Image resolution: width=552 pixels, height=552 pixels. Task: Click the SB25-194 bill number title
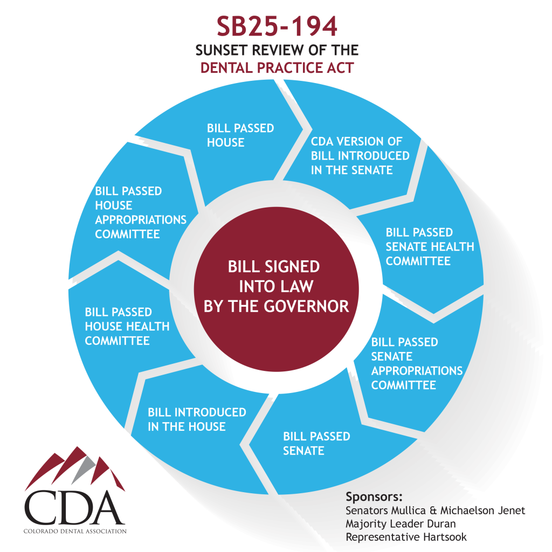[277, 26]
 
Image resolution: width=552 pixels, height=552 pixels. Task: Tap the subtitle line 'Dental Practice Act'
[277, 67]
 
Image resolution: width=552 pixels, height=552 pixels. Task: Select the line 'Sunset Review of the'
[277, 50]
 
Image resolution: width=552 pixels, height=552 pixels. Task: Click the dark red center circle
[277, 289]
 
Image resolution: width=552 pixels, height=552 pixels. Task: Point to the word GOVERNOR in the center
[306, 306]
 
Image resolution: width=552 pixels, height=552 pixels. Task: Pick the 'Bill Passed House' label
[240, 135]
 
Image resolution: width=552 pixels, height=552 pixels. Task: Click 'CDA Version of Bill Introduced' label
[360, 156]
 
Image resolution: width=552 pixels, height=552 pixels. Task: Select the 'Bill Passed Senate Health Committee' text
[430, 246]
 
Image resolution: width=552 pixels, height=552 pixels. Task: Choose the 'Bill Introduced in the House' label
[197, 419]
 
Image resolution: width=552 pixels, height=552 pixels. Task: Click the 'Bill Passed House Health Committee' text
[127, 326]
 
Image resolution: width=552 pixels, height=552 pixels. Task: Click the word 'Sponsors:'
[374, 496]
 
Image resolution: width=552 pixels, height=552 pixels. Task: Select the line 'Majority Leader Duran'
[401, 524]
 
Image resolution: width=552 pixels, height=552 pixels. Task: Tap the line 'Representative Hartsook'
[406, 537]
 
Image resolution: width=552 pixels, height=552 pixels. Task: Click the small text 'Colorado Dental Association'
[75, 531]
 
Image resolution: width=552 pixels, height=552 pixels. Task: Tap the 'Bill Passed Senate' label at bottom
[316, 443]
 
